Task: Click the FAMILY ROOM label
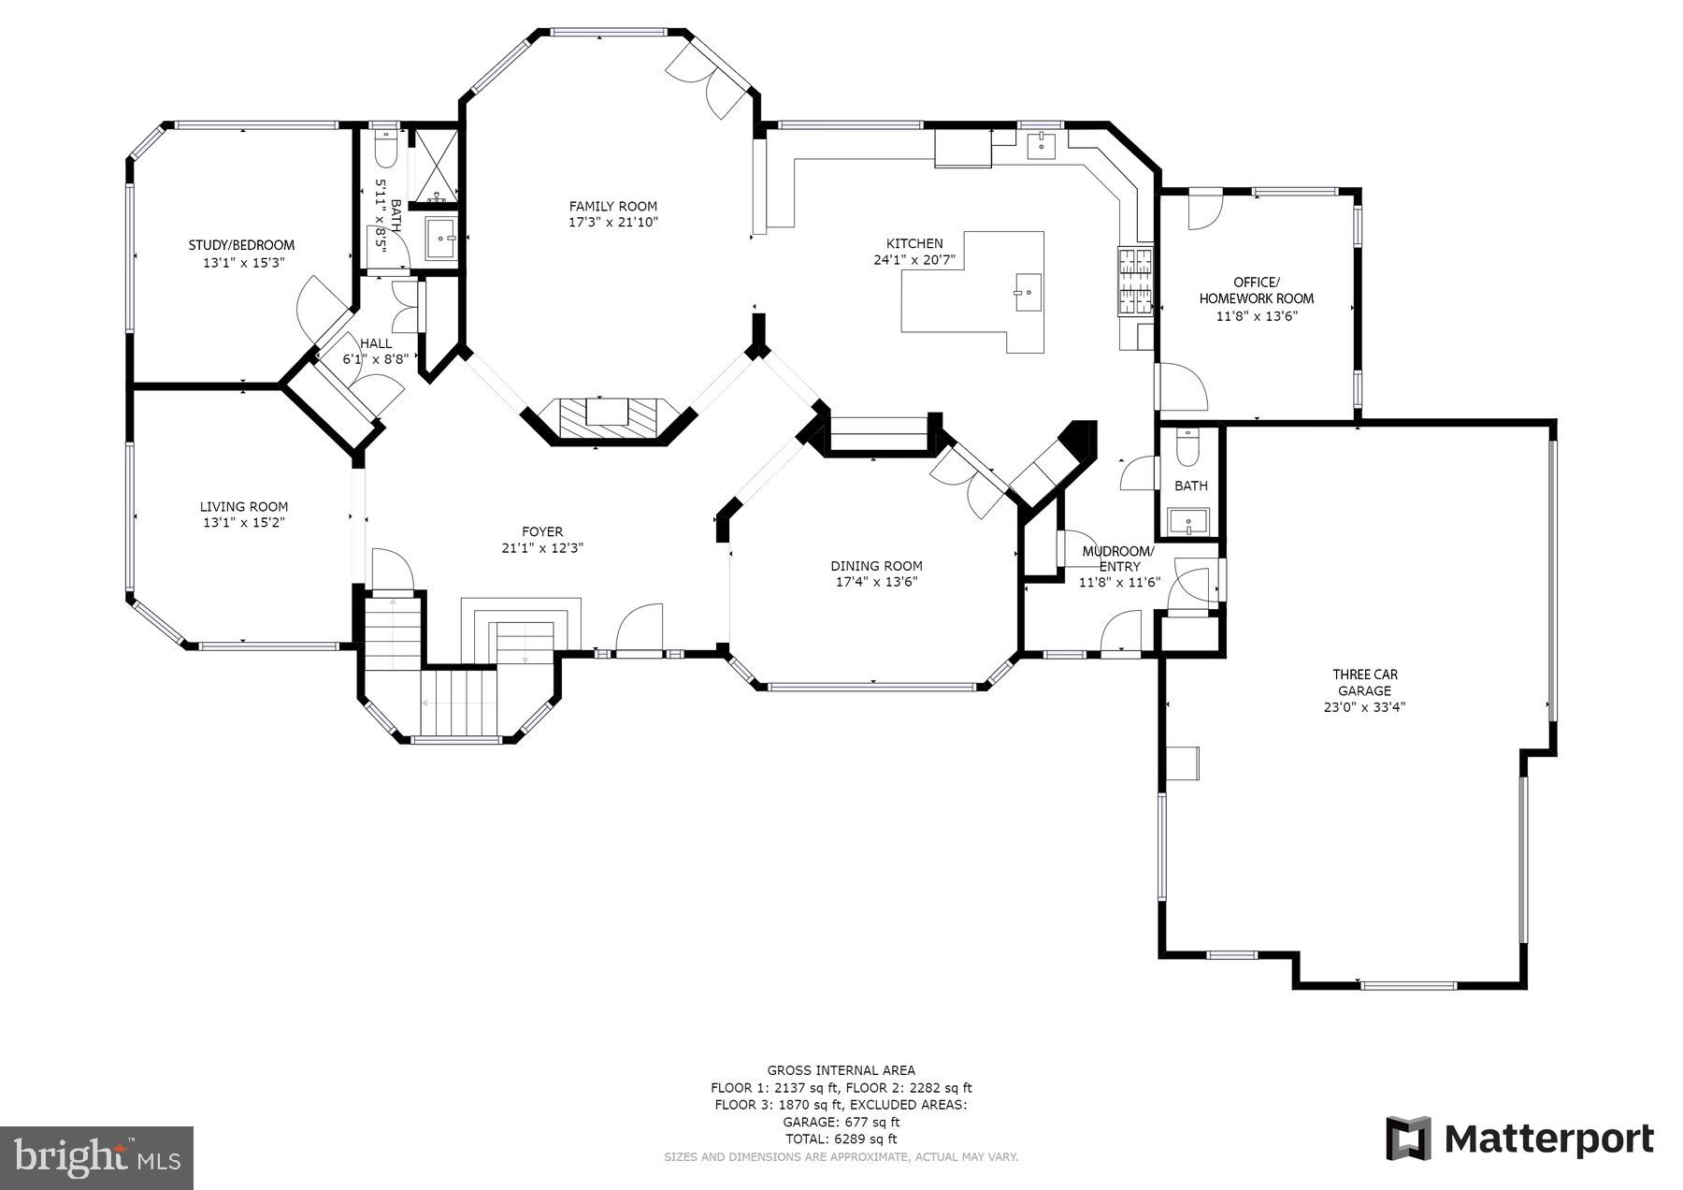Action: (612, 206)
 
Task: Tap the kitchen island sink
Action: (1026, 292)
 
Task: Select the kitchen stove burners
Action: (1136, 282)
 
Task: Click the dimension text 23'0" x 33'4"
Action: (1364, 707)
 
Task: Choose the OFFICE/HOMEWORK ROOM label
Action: (1256, 290)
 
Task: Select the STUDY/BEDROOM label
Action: (241, 245)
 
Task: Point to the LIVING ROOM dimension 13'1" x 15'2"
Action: (243, 522)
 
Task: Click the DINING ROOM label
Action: (876, 565)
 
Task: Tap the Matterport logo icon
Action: (1408, 1138)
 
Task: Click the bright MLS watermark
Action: (97, 1157)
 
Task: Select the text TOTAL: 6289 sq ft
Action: (841, 1139)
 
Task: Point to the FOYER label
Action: (542, 531)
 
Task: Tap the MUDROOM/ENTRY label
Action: (1118, 559)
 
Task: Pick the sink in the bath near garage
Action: (1188, 521)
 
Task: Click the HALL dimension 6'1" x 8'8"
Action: (374, 358)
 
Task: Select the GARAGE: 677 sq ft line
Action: (841, 1122)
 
